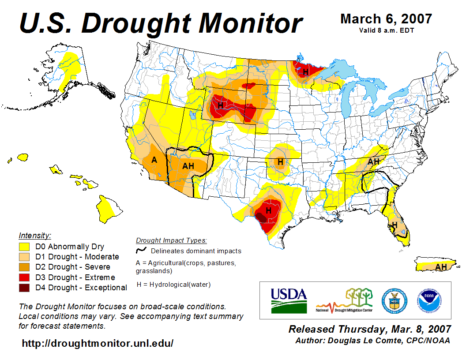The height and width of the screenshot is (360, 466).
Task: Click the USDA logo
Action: [x=289, y=300]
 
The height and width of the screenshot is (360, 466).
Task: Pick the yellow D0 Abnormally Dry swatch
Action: [x=24, y=247]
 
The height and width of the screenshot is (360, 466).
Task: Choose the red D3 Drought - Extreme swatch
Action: [x=24, y=277]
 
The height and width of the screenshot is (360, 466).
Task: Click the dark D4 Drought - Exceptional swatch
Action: [x=24, y=288]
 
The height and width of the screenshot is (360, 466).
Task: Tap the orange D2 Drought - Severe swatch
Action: [x=24, y=267]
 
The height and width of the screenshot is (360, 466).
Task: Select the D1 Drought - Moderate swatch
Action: [x=24, y=257]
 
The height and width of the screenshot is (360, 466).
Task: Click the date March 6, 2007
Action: [x=386, y=19]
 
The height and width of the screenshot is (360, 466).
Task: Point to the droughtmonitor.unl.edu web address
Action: [x=98, y=343]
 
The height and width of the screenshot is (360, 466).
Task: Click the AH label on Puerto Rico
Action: [x=440, y=267]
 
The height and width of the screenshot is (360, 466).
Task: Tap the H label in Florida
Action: [x=395, y=225]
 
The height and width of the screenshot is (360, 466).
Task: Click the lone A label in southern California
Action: [x=154, y=160]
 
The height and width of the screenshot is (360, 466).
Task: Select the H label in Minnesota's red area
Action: [x=305, y=71]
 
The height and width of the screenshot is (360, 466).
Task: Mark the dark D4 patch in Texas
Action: [x=261, y=217]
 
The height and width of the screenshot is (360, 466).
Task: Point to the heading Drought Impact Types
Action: [x=171, y=240]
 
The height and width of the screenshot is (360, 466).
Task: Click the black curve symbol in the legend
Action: [x=142, y=250]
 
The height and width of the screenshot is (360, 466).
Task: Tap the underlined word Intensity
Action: [x=35, y=236]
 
